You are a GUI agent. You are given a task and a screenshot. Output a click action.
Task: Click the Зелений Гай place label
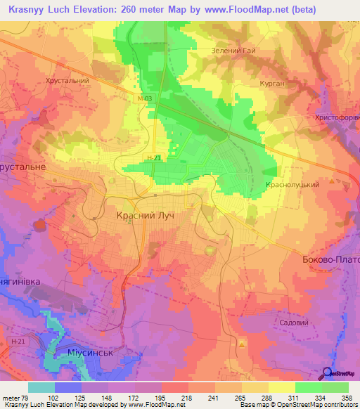pos(233,51)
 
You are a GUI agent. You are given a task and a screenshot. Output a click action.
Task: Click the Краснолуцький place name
pos(292,184)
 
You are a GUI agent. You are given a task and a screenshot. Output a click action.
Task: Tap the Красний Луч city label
pos(144,218)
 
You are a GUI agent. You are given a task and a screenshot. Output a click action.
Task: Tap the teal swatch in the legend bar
pos(41,387)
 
